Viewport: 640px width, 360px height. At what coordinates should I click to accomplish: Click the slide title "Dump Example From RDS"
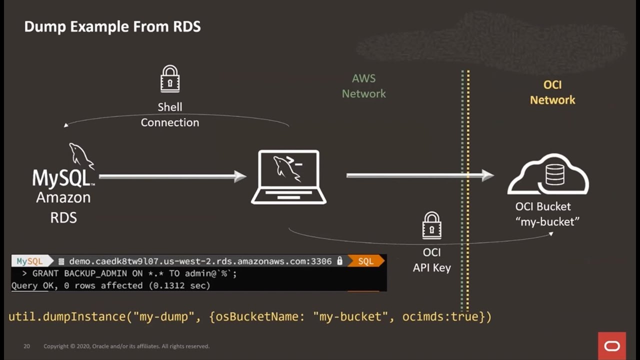click(x=112, y=26)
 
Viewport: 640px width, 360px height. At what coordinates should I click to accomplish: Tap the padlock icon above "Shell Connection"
click(x=170, y=79)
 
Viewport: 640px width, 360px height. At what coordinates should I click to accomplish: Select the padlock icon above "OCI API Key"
click(x=431, y=225)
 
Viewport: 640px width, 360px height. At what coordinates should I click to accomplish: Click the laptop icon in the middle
click(x=288, y=177)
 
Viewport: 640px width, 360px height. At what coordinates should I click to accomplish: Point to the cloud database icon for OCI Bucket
click(x=548, y=174)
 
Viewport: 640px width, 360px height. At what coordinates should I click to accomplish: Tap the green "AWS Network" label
click(x=363, y=86)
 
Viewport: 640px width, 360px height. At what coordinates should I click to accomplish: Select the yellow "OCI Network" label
click(x=552, y=92)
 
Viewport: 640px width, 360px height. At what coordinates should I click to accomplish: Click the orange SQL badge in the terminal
click(x=365, y=261)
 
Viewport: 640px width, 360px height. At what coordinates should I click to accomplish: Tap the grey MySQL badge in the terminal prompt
click(x=29, y=261)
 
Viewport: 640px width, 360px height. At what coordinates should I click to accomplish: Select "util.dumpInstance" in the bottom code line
click(x=66, y=316)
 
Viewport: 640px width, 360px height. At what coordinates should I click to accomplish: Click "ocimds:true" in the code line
click(x=440, y=316)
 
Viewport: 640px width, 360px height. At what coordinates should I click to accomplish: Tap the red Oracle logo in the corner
click(x=611, y=346)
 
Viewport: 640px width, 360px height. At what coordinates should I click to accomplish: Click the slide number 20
click(x=27, y=346)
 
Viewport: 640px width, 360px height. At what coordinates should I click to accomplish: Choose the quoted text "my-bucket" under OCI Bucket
click(x=547, y=221)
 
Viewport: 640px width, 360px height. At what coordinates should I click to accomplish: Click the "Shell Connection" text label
click(x=170, y=114)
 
